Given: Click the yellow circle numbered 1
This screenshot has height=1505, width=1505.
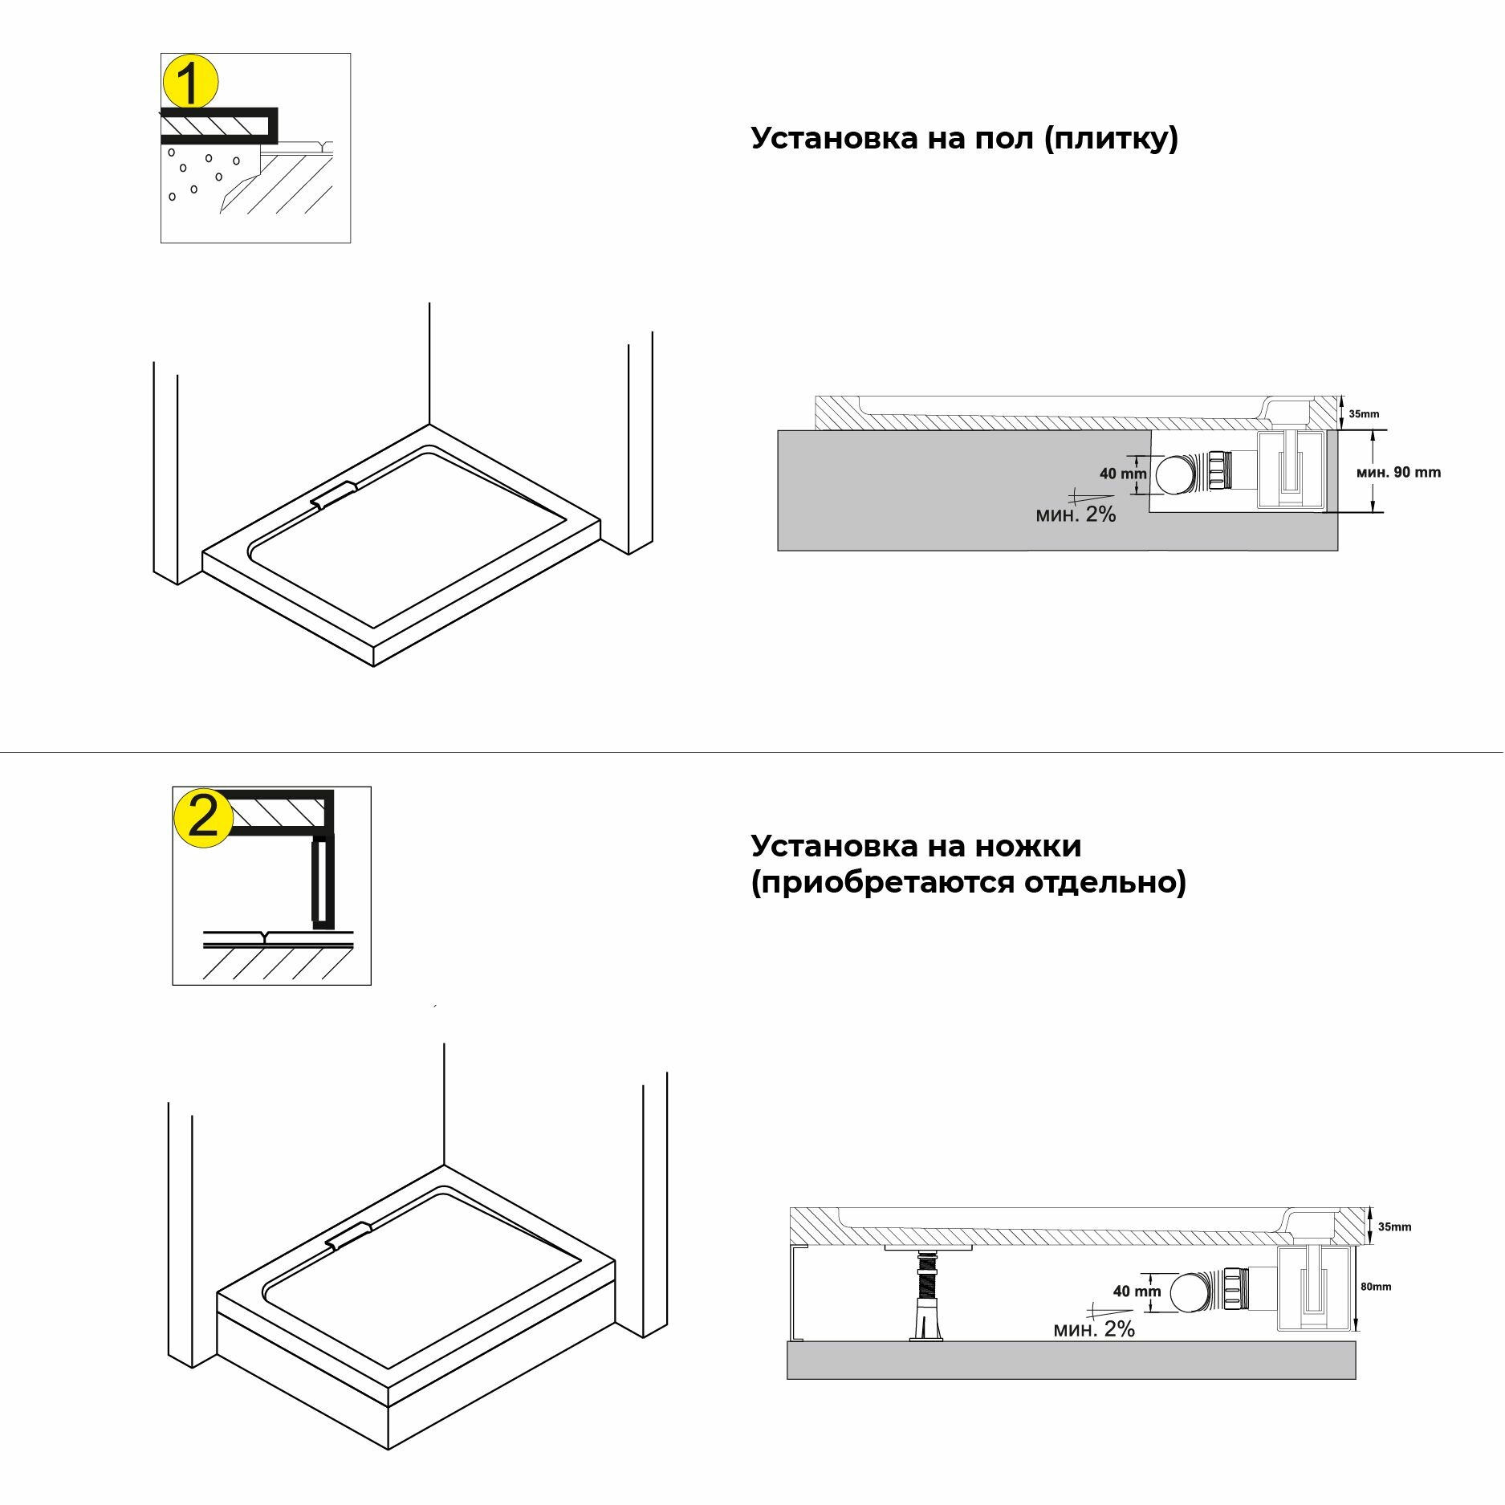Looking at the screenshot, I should [x=190, y=83].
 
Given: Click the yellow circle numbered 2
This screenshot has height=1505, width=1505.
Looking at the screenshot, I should [x=203, y=819].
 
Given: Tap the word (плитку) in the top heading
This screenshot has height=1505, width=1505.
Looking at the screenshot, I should [x=1112, y=139].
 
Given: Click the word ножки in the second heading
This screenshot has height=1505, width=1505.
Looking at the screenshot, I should [x=1028, y=846].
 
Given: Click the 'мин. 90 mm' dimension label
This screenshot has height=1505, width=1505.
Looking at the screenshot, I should [x=1398, y=473].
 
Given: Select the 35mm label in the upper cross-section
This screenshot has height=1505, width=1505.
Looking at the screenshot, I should [x=1364, y=414].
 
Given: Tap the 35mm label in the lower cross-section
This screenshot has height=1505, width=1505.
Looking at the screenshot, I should [x=1394, y=1227].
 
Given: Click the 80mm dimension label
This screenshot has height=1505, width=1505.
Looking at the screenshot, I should [x=1376, y=1287].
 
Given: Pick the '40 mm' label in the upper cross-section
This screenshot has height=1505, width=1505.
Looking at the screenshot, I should [x=1123, y=474].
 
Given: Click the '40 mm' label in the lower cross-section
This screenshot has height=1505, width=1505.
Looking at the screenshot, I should [x=1137, y=1291].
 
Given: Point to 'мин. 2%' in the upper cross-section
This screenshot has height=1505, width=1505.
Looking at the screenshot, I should [x=1076, y=515].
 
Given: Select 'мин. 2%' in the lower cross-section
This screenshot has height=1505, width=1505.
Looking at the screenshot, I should [x=1094, y=1329].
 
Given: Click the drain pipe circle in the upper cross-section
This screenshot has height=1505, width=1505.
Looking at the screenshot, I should [x=1175, y=474].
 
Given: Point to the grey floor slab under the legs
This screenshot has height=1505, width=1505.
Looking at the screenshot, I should [x=1071, y=1361].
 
